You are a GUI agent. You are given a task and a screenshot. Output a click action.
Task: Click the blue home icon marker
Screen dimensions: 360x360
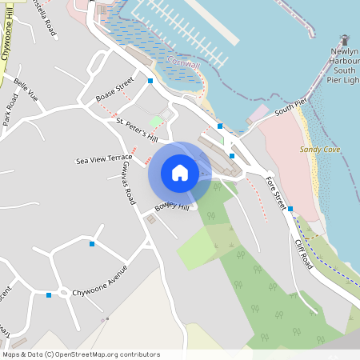[180, 173]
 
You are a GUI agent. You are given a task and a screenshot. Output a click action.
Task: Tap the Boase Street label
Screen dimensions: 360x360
[114, 93]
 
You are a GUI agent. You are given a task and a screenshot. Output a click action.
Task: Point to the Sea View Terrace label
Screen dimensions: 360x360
[110, 160]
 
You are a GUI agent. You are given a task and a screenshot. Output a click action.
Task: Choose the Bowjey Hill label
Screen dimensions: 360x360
[172, 207]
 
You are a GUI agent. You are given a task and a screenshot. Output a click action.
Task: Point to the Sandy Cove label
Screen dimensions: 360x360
[319, 150]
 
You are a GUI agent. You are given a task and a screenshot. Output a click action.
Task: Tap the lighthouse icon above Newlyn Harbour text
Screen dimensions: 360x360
[346, 40]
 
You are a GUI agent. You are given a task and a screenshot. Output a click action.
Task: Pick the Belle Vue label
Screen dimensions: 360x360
[26, 93]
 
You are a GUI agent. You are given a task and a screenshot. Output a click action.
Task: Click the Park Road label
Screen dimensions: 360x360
[10, 110]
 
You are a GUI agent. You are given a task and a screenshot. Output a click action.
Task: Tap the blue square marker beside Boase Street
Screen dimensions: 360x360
[150, 81]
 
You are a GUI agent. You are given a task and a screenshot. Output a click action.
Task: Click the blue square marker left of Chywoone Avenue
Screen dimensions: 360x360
[49, 295]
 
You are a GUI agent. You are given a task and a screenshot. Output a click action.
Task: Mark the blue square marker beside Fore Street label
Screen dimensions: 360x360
[290, 209]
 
